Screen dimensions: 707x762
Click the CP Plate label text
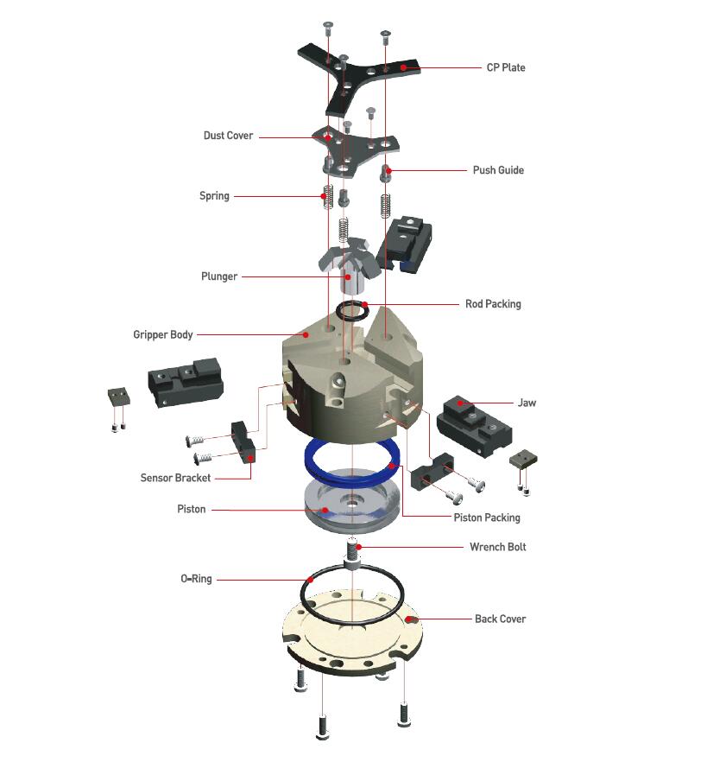pos(506,67)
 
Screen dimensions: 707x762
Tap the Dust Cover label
pos(228,136)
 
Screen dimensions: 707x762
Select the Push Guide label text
pos(498,170)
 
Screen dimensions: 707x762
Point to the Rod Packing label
pos(493,304)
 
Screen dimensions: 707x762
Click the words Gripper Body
pos(163,335)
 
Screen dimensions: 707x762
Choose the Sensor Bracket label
pos(175,478)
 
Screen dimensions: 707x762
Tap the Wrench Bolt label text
pos(498,547)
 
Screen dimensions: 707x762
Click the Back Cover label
pos(500,619)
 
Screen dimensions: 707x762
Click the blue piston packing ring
pos(352,460)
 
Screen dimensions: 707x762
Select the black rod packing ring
pos(352,310)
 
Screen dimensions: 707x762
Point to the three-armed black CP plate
pos(358,79)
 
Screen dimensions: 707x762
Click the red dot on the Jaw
pos(460,403)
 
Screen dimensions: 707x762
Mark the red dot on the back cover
pos(409,619)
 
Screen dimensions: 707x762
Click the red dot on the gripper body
pos(306,335)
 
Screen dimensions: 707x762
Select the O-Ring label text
pos(196,579)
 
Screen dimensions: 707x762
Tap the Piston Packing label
pos(487,518)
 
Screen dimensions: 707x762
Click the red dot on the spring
pos(323,196)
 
